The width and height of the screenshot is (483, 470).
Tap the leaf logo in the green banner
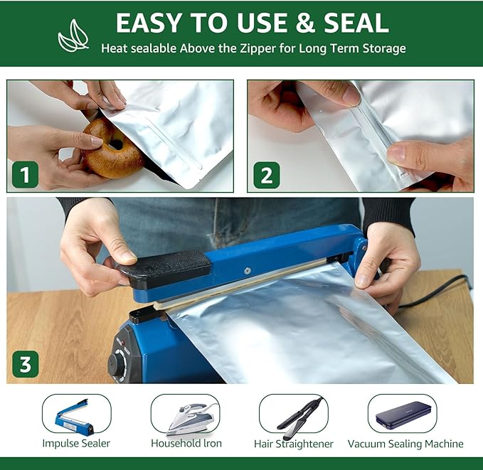click(x=73, y=36)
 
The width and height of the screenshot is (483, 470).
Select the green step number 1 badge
click(x=26, y=175)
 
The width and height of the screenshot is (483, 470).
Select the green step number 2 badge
click(x=267, y=175)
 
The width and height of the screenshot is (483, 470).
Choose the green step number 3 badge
click(x=26, y=364)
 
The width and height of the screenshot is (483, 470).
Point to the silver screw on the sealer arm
click(x=247, y=271)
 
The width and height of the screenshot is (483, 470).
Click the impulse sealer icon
click(x=74, y=417)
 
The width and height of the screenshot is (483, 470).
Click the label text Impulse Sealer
click(x=76, y=444)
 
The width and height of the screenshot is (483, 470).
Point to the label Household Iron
click(x=186, y=444)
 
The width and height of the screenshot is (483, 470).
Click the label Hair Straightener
click(x=294, y=444)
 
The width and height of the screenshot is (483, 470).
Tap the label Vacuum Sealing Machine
click(x=405, y=444)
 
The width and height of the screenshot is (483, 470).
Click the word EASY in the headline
click(x=149, y=23)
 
